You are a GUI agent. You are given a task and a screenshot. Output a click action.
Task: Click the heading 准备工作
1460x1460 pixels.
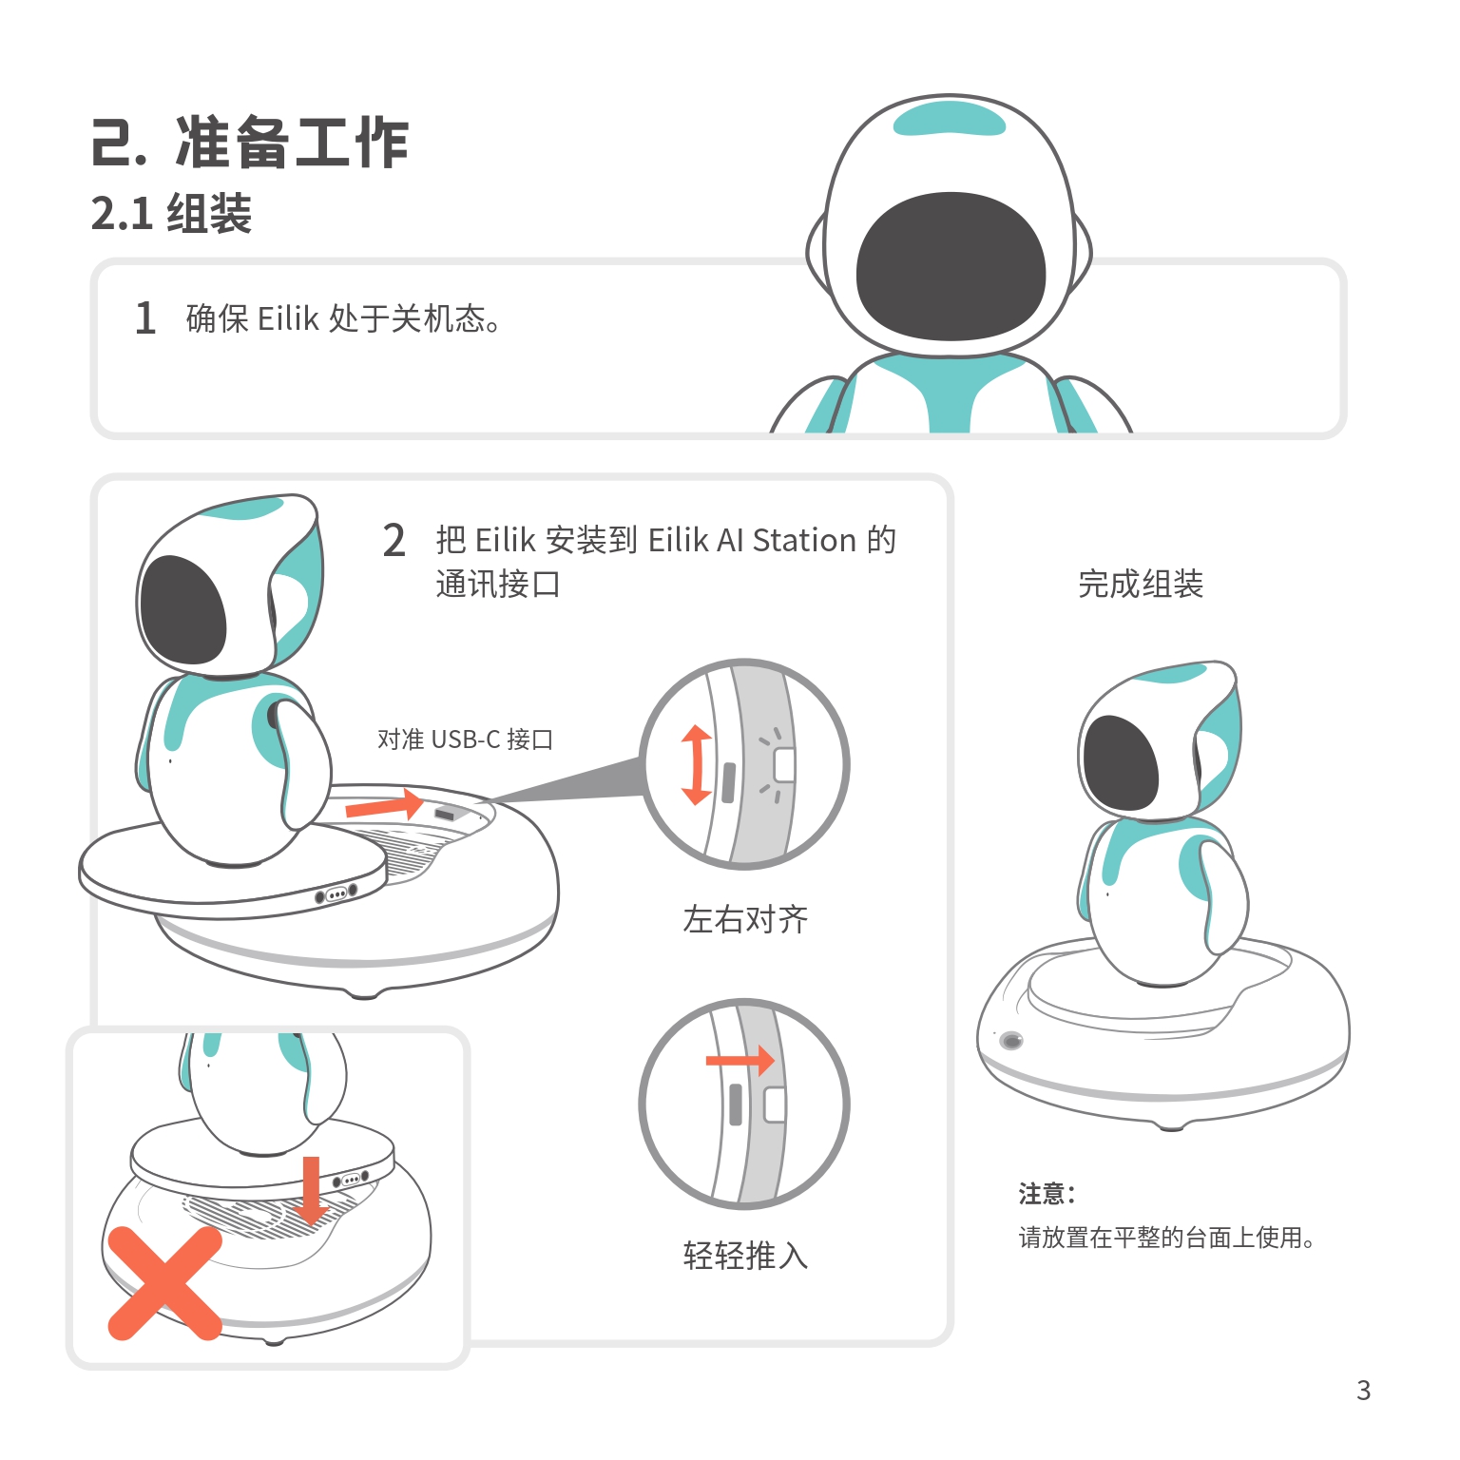(x=293, y=143)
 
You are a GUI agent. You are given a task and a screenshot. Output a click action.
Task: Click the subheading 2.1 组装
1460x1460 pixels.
(x=172, y=213)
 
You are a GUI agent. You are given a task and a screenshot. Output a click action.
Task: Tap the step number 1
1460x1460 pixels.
(x=145, y=317)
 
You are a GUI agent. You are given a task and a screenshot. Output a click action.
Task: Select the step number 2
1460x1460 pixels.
(x=394, y=540)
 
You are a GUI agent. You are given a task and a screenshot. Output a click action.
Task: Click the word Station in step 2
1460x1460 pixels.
(x=804, y=540)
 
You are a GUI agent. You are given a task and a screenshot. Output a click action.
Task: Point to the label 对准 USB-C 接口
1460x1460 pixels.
(x=465, y=739)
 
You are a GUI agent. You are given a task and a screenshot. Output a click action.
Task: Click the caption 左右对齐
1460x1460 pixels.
(x=745, y=919)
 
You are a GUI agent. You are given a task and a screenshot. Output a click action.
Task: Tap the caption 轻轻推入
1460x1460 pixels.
(x=745, y=1256)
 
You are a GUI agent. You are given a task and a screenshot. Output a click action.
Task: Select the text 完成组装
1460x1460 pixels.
(x=1141, y=584)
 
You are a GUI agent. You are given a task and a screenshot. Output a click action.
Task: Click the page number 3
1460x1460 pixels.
(x=1364, y=1391)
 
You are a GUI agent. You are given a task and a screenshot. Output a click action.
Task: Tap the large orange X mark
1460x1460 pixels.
(x=164, y=1283)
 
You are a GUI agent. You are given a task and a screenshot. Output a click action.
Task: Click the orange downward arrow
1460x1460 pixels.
(x=311, y=1190)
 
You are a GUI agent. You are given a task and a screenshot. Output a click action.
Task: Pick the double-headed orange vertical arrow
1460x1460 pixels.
(x=697, y=765)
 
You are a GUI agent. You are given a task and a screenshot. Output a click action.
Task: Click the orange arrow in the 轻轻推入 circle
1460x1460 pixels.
(x=740, y=1061)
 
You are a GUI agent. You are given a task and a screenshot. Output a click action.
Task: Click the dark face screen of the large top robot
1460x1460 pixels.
(x=951, y=267)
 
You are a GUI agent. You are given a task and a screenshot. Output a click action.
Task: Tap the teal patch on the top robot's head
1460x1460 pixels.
(x=950, y=119)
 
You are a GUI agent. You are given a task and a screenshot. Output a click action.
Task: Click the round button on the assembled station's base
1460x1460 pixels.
(x=1012, y=1041)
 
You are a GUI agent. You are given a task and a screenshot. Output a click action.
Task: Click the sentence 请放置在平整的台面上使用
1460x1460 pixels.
(x=1166, y=1238)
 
